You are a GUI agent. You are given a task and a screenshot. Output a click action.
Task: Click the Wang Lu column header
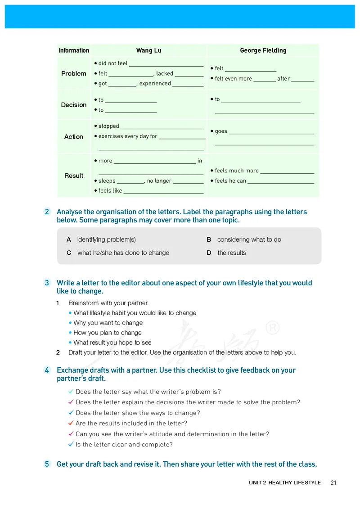coord(148,50)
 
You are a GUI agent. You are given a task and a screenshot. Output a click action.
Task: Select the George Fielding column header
coord(263,50)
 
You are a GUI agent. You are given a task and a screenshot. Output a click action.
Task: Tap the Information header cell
coord(74,50)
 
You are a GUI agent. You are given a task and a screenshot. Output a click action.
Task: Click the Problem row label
coord(74,73)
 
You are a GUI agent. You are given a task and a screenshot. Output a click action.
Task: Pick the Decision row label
coord(74,105)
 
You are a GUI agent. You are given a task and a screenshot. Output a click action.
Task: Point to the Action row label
coord(74,136)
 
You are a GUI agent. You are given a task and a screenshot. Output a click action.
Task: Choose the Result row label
coord(74,176)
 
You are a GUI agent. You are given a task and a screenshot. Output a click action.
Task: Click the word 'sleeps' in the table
coord(107,181)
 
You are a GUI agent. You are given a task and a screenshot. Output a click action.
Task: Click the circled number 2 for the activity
coord(47,212)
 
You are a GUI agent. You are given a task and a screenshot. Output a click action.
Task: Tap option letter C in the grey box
coord(69,253)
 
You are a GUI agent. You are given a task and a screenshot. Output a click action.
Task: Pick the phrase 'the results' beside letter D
coord(232,253)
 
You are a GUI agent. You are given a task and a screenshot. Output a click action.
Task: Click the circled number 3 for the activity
coord(47,283)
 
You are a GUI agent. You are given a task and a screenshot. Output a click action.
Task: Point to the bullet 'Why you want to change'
coord(108,323)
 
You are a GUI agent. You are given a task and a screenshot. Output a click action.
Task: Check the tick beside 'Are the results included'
coord(71,423)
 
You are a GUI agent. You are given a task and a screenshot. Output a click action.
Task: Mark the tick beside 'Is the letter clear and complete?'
coord(71,444)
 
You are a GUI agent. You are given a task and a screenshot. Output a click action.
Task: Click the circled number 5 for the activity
coord(47,464)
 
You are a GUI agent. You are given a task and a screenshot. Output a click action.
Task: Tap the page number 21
coord(333,482)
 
